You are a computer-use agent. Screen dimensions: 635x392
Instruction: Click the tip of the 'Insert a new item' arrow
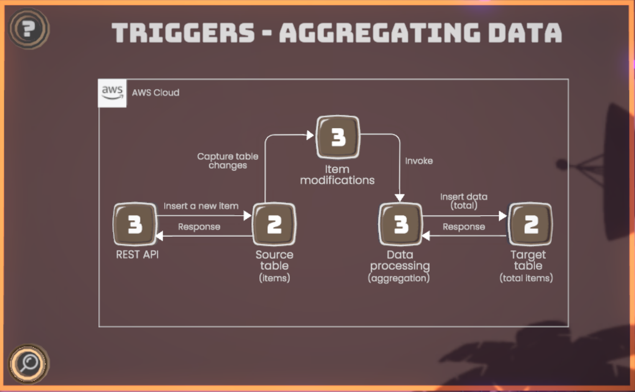[x=251, y=216]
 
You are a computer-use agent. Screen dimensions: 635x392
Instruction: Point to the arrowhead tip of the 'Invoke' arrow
[x=400, y=202]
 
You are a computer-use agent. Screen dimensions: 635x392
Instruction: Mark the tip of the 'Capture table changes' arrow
[x=314, y=135]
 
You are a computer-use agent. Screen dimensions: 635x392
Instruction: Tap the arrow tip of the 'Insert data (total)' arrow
[x=507, y=216]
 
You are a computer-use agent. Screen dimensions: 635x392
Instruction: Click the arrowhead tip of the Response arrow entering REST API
[x=156, y=236]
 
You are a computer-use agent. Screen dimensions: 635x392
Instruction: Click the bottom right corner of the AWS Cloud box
[x=568, y=327]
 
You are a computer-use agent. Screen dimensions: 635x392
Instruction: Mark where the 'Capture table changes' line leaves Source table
[x=265, y=202]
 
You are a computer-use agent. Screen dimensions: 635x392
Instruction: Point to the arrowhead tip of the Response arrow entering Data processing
[x=422, y=236]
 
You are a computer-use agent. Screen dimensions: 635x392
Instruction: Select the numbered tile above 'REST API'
[x=135, y=224]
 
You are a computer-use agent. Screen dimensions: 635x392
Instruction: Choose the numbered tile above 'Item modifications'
[x=338, y=137]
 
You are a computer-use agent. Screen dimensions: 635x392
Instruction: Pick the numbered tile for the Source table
[x=274, y=224]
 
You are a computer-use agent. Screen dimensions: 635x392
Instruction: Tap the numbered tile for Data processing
[x=401, y=224]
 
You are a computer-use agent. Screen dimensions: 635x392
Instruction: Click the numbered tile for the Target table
[x=530, y=224]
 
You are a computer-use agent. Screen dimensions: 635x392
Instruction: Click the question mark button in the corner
[x=28, y=28]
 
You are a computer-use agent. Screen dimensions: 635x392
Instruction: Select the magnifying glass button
[x=28, y=364]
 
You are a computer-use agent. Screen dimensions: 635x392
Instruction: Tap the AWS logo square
[x=112, y=93]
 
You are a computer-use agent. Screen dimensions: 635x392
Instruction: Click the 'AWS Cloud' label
[x=156, y=93]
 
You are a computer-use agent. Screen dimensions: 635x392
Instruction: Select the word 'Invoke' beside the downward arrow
[x=419, y=161]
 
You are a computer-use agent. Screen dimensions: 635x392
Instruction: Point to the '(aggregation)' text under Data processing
[x=399, y=278]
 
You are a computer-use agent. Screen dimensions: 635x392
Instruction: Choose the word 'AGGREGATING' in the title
[x=379, y=33]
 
